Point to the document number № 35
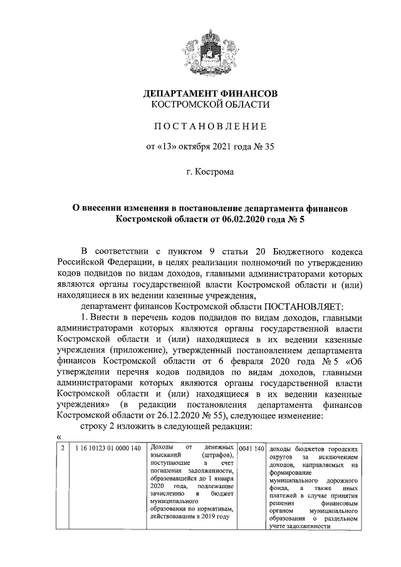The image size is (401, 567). pyautogui.click(x=263, y=148)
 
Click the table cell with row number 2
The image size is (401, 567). pyautogui.click(x=62, y=449)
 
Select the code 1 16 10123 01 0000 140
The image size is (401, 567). pyautogui.click(x=107, y=449)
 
